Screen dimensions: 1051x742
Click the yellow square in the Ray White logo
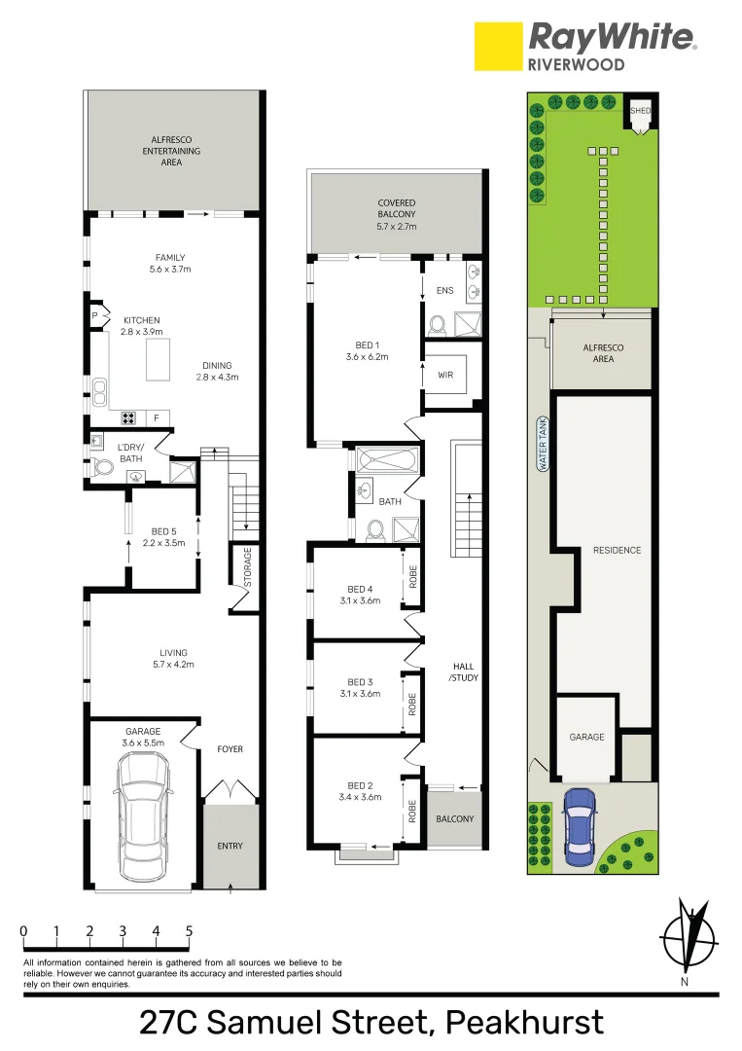(x=498, y=47)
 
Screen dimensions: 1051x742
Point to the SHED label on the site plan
(x=639, y=111)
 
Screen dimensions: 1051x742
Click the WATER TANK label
(x=543, y=446)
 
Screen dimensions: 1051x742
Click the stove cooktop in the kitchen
(x=127, y=418)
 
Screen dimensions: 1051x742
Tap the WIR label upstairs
(x=446, y=374)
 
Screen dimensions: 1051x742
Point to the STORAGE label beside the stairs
(x=247, y=566)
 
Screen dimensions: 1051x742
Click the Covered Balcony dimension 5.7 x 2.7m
(x=396, y=226)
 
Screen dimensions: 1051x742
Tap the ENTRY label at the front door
(x=230, y=846)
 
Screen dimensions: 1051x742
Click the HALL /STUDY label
(x=465, y=672)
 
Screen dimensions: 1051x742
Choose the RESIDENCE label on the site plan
(x=617, y=550)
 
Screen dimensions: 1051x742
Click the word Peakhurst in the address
(x=524, y=1023)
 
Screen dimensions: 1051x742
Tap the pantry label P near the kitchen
(x=94, y=316)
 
